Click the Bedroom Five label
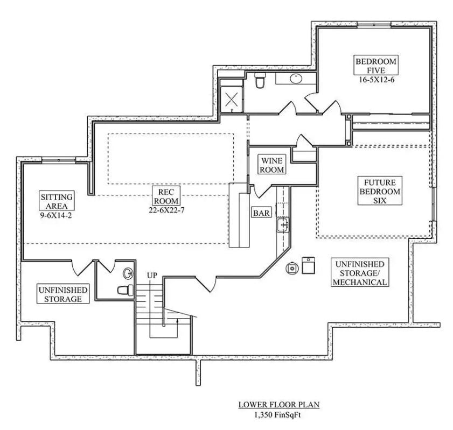click(375, 66)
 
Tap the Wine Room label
click(272, 165)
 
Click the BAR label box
click(261, 213)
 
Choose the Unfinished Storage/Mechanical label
click(360, 273)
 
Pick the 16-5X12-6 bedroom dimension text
click(375, 80)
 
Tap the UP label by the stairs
click(152, 276)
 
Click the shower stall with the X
click(232, 100)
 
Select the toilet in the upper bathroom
click(260, 81)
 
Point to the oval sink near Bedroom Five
click(295, 79)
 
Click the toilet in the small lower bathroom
click(126, 290)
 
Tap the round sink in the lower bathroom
click(128, 273)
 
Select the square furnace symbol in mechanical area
click(308, 265)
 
